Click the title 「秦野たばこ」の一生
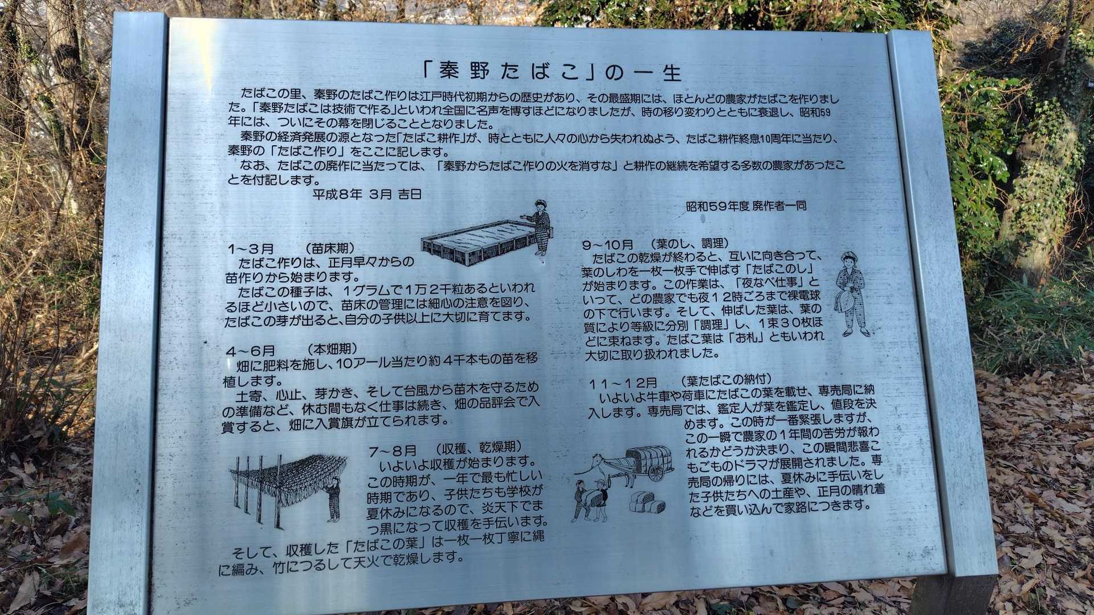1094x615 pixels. (552, 71)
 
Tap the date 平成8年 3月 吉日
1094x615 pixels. (367, 194)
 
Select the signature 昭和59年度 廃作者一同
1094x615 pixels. (746, 206)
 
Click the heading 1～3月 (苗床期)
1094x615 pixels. (291, 249)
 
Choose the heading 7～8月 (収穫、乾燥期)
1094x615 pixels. (445, 450)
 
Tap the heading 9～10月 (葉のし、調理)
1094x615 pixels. (655, 244)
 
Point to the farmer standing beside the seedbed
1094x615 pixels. (539, 227)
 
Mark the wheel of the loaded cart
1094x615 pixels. (658, 471)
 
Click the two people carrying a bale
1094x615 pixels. (590, 501)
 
